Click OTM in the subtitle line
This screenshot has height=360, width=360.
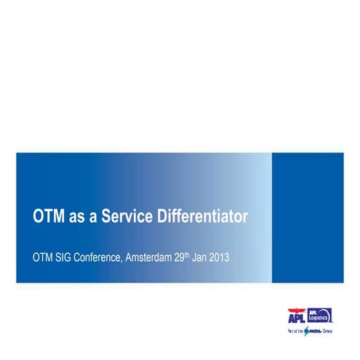(45, 257)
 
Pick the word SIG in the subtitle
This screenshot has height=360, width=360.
(70, 257)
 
